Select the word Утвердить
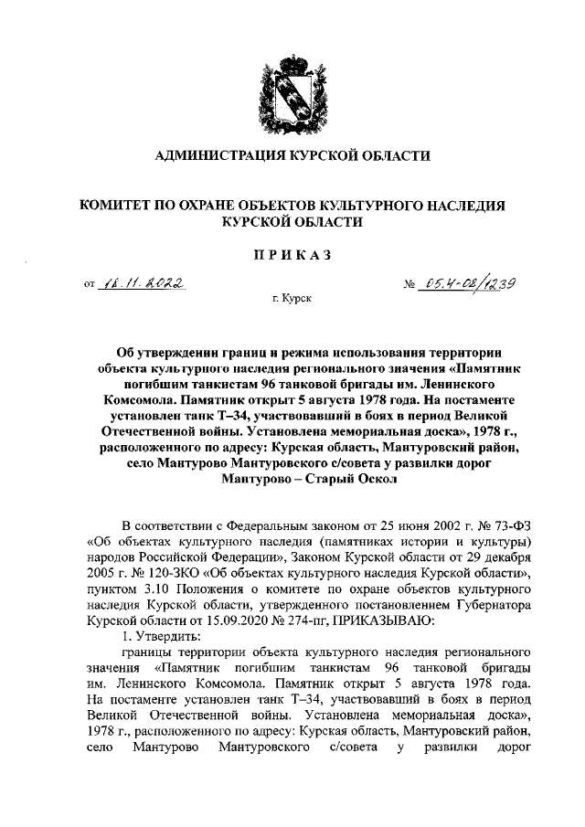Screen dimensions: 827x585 170,636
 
